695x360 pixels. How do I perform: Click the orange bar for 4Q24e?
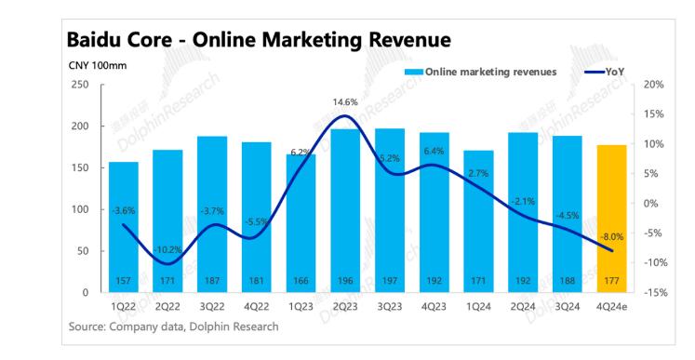(x=611, y=219)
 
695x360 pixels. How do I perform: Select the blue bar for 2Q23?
(x=345, y=210)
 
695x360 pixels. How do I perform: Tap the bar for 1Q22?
(x=123, y=227)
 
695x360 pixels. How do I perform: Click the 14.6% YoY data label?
(x=345, y=102)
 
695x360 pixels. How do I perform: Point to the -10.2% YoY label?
(x=168, y=250)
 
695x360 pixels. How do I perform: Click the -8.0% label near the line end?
(x=611, y=237)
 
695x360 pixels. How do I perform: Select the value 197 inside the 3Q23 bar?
(x=390, y=281)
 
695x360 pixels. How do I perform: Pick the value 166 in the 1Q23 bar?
(x=301, y=281)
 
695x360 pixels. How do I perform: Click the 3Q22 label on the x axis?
(x=212, y=307)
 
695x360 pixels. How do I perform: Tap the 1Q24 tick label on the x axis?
(x=479, y=307)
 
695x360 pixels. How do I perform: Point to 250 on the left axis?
(x=80, y=85)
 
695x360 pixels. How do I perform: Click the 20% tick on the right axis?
(x=653, y=85)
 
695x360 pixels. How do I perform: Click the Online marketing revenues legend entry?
(x=480, y=72)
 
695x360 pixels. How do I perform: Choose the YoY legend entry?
(x=605, y=72)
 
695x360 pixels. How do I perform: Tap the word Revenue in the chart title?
(x=410, y=40)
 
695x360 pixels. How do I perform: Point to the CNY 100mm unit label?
(x=98, y=66)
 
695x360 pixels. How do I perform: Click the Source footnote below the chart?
(x=173, y=327)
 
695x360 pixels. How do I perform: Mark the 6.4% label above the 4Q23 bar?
(x=434, y=152)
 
